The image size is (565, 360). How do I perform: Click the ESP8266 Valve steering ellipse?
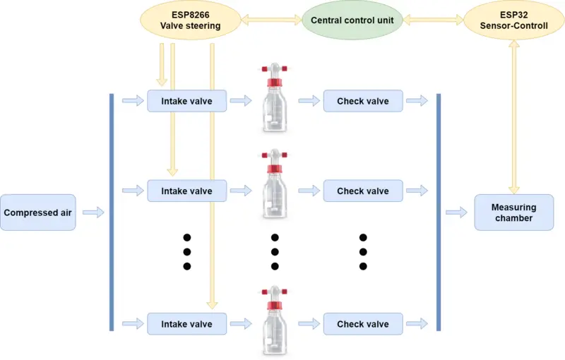[191, 20]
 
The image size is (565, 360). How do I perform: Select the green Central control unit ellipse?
[352, 20]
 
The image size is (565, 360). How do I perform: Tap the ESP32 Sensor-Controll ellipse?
[513, 20]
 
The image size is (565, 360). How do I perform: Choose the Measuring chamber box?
[513, 212]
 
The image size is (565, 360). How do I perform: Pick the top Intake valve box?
[186, 101]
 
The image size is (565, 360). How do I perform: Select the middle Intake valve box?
[186, 191]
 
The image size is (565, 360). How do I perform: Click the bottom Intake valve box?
[186, 324]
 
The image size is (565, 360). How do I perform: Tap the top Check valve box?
[362, 101]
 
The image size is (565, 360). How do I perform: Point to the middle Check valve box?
[362, 191]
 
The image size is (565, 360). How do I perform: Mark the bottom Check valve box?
[362, 324]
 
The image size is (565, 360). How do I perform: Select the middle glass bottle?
[275, 191]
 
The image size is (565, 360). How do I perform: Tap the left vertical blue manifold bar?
[112, 212]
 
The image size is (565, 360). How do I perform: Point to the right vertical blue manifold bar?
[439, 212]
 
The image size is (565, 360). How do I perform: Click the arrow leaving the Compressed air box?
[93, 212]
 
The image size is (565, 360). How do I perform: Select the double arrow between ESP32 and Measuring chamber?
[513, 116]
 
